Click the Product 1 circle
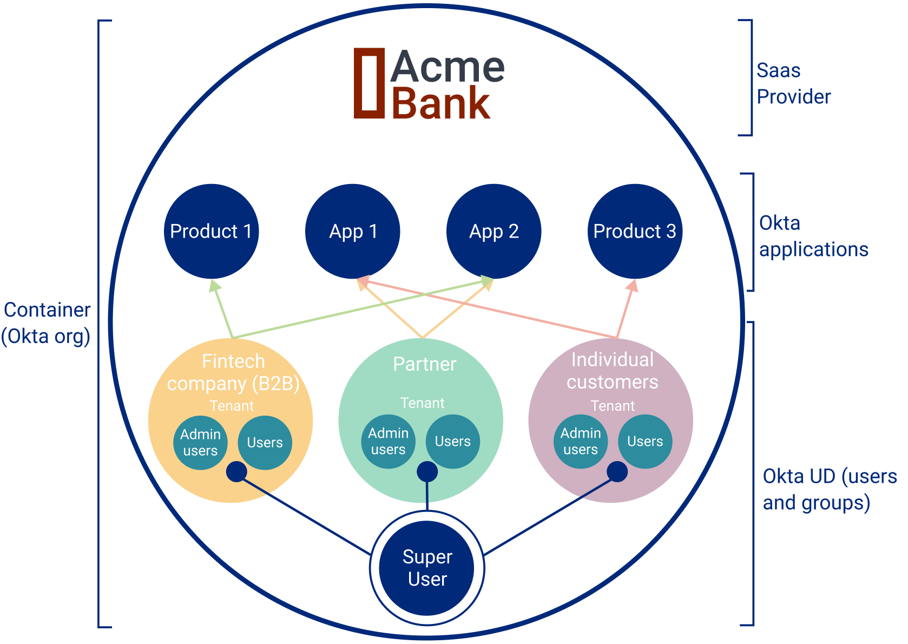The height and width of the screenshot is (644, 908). point(211,232)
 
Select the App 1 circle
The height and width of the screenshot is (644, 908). point(352,232)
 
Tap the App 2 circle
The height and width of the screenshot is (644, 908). point(494,232)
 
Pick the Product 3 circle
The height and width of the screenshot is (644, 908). point(635,232)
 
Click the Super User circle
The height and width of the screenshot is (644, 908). point(427,568)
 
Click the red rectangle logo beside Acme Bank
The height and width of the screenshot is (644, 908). point(369,83)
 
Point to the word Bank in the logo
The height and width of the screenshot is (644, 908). point(440,103)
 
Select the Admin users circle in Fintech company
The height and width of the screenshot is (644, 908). point(200,443)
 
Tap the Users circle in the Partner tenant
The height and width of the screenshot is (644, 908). point(453,442)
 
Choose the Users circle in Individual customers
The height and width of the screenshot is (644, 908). point(645,442)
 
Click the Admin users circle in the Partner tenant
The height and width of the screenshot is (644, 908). point(388,442)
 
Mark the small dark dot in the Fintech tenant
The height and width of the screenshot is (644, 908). point(236,472)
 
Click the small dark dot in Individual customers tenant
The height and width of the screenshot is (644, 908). point(617,472)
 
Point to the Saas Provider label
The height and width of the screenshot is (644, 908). point(793,83)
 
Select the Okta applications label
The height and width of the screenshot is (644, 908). point(813,236)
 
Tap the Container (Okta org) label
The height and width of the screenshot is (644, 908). point(46,323)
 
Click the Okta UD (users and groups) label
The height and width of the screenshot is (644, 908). point(830,489)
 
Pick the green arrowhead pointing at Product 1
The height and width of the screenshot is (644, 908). point(214,286)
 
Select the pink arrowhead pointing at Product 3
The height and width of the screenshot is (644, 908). point(633,286)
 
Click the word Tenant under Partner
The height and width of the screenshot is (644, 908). point(422,403)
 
